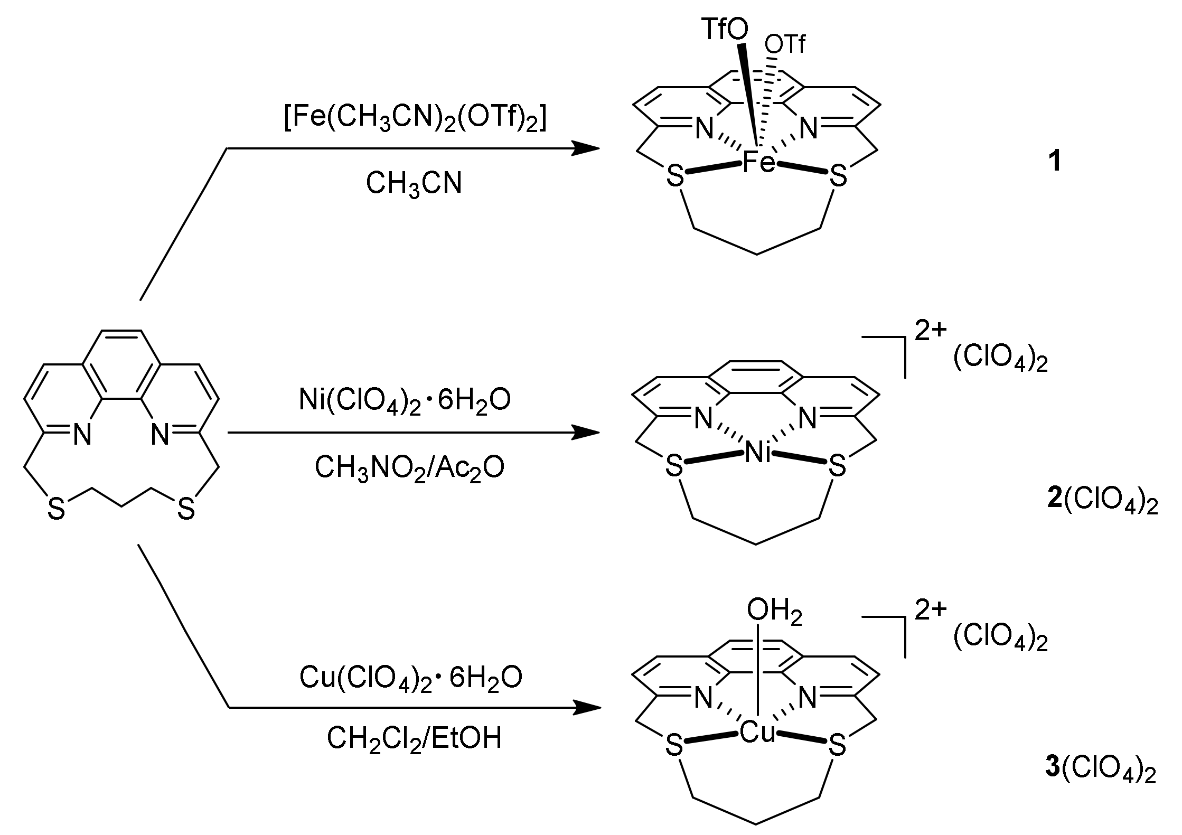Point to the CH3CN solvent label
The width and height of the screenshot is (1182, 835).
click(414, 184)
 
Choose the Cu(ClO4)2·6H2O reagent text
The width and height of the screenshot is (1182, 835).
click(411, 678)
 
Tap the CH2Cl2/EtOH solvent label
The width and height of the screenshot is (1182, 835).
click(414, 738)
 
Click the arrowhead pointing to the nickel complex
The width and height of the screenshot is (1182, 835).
click(586, 433)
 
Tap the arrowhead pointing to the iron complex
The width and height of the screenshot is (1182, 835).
click(586, 148)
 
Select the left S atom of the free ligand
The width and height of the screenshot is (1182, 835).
click(56, 510)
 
